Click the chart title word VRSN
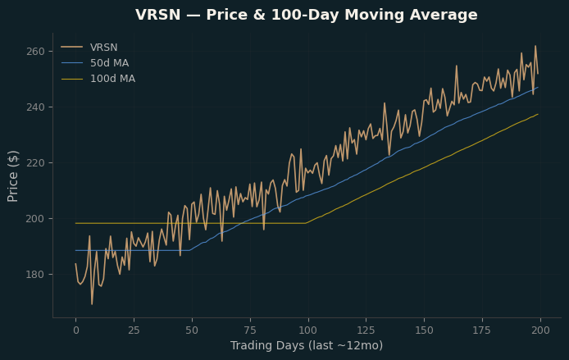[158, 15]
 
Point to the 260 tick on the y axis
[35, 52]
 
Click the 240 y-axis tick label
[35, 107]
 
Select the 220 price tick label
[35, 163]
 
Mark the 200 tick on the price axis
[35, 219]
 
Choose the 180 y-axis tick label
[35, 275]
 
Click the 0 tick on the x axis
[76, 330]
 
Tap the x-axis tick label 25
[134, 330]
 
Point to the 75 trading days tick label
[250, 330]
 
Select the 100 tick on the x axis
[308, 330]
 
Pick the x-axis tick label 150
[424, 330]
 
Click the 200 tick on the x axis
[540, 330]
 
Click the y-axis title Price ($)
[12, 176]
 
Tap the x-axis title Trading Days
[267, 345]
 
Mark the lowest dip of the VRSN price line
[92, 304]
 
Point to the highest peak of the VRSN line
[535, 46]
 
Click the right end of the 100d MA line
[538, 114]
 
